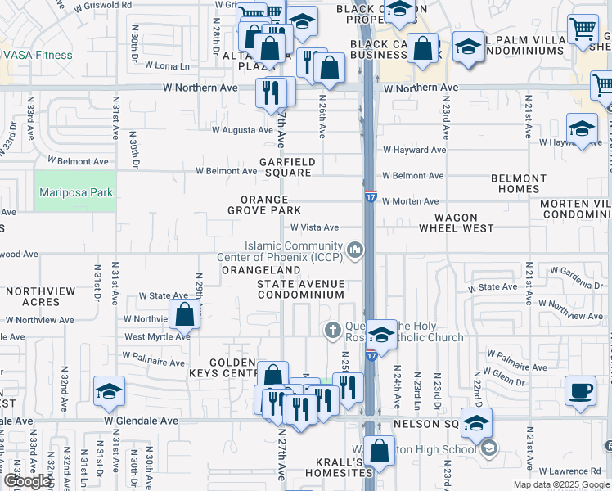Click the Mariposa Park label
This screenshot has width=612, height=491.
coord(74,193)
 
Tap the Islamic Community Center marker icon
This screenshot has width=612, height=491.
coord(354,249)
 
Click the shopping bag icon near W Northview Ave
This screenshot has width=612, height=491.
coord(185,313)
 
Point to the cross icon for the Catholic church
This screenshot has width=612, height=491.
coord(332,331)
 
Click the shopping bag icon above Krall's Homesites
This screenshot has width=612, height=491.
coord(379,450)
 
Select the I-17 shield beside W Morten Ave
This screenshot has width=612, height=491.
coord(371,197)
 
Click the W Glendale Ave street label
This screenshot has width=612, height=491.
coord(141,421)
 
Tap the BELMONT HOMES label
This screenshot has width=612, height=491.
coord(519,183)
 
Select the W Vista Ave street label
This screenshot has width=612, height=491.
coord(314,227)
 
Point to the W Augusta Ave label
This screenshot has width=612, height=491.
coord(242,129)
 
